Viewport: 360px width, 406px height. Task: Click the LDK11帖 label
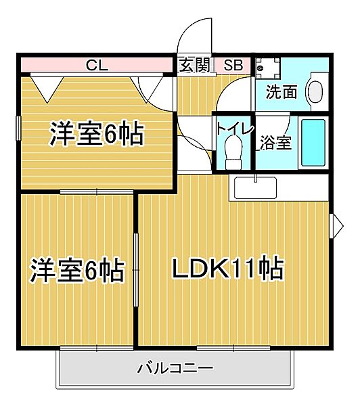(x=227, y=269)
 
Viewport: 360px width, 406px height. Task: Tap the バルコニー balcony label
(x=175, y=369)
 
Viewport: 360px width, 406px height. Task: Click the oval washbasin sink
(x=315, y=93)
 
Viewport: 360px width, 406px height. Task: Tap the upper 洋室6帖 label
(x=96, y=135)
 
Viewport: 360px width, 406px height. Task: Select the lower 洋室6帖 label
(x=76, y=271)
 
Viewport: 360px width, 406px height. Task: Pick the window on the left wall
(x=18, y=128)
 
